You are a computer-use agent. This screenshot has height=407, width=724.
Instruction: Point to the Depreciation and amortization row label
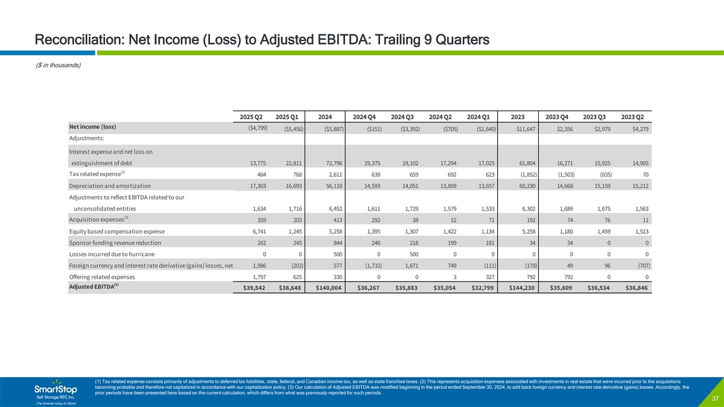110,186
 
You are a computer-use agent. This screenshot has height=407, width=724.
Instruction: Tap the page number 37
713,399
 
